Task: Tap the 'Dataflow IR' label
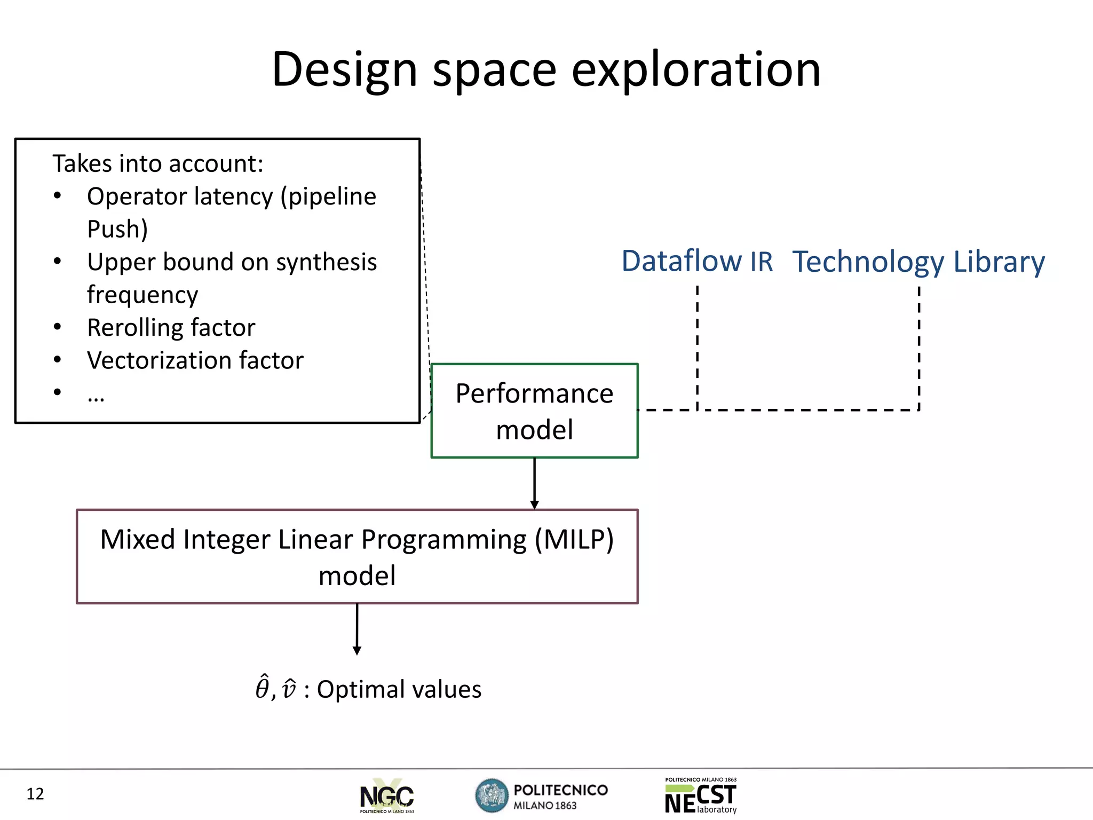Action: (697, 262)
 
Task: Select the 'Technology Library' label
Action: (918, 262)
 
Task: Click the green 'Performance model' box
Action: (534, 411)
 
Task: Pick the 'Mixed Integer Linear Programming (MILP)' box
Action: (357, 557)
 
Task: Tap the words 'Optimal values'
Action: (399, 689)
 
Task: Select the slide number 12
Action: (35, 794)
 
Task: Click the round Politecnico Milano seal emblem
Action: (492, 795)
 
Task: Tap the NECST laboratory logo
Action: (701, 795)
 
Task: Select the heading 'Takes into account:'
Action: (158, 163)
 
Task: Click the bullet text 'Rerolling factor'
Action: (171, 327)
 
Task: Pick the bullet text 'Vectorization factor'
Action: (195, 360)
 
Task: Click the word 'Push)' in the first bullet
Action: (117, 229)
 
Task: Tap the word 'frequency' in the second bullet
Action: (142, 295)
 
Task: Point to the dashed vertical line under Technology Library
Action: (919, 347)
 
